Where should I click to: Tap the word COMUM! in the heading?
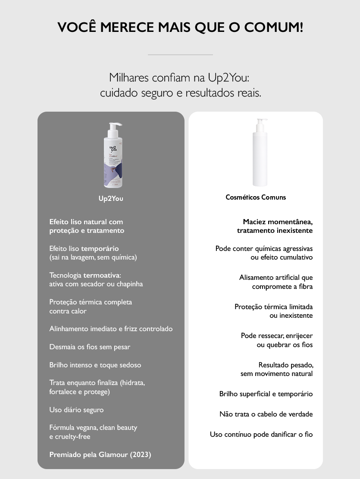[274, 27]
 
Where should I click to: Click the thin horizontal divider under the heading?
[180, 55]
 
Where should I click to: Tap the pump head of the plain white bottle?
[261, 124]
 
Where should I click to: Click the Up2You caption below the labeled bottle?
[111, 199]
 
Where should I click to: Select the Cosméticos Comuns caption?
[256, 197]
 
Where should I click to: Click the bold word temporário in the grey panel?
[100, 249]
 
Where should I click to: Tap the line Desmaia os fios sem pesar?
[90, 347]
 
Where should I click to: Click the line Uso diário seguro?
[76, 410]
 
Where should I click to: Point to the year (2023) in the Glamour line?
[141, 454]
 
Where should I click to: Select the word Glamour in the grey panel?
[113, 454]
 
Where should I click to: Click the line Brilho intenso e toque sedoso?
[95, 365]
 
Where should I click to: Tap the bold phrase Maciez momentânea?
[278, 222]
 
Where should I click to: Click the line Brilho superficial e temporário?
[266, 394]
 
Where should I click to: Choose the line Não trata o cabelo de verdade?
[266, 414]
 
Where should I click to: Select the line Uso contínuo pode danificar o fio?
[261, 435]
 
